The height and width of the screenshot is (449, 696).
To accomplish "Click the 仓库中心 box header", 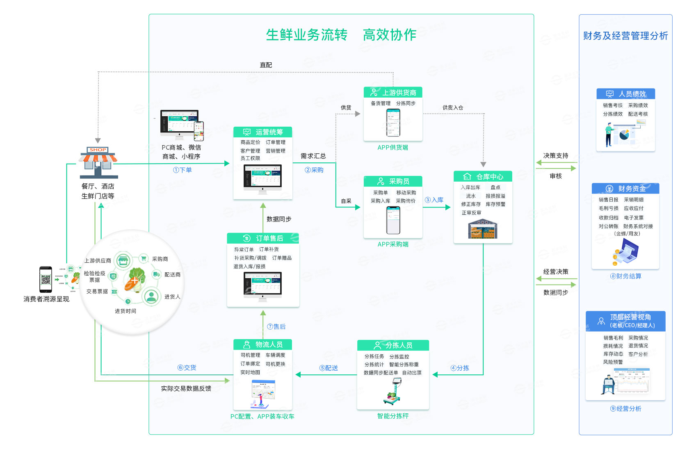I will tap(483, 177).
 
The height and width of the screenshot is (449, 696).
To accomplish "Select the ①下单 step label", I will tap(183, 170).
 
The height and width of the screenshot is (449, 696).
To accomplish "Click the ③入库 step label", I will tap(434, 200).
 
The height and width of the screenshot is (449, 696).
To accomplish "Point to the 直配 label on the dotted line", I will tap(266, 65).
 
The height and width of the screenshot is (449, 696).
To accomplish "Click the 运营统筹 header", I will tap(262, 132).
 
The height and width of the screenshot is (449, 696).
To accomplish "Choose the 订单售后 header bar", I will tap(263, 238).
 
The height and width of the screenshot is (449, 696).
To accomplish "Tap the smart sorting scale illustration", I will tap(393, 392).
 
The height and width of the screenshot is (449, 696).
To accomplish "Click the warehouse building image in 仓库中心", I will tap(483, 229).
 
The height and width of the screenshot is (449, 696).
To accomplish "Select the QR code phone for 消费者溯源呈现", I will tap(46, 279).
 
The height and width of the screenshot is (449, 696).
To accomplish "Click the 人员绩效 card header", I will tap(625, 94).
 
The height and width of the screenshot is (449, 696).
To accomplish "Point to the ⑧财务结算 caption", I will tap(625, 276).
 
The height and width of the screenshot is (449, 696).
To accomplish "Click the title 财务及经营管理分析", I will tap(625, 36).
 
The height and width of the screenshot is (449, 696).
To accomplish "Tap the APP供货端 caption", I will tap(392, 148).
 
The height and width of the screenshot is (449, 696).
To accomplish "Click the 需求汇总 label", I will tap(313, 156).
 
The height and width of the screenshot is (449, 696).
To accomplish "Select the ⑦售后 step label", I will tap(276, 326).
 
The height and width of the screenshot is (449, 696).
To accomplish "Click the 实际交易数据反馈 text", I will tap(186, 388).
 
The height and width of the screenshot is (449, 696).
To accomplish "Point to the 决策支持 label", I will tap(556, 155).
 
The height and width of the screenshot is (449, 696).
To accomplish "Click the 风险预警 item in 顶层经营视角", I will tap(613, 362).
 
